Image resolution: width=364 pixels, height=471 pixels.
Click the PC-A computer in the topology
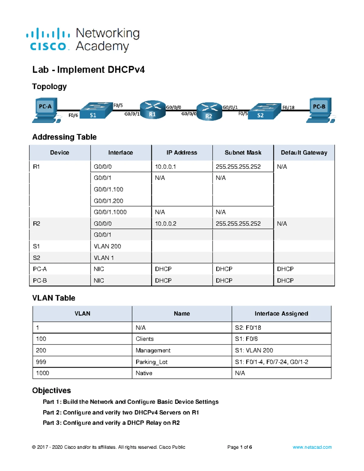[45, 110]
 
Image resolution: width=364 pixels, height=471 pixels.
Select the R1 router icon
[153, 110]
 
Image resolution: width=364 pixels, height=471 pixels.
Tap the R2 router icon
[209, 112]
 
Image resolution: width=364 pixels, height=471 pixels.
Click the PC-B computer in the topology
[320, 110]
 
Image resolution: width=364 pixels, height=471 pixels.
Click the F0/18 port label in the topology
[288, 107]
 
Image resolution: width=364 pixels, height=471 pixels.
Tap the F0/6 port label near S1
[73, 115]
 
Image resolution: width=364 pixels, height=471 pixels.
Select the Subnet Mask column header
[243, 153]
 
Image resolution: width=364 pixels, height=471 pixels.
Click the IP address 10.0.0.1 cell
[165, 167]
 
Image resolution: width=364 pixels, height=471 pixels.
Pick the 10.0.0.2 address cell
[166, 224]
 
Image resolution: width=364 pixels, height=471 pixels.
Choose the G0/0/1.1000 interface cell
[110, 212]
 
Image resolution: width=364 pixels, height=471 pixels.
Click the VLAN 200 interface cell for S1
[107, 246]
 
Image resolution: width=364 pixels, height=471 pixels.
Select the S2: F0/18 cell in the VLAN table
[248, 328]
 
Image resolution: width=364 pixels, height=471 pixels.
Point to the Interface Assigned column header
[281, 314]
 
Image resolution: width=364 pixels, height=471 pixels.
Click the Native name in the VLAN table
[144, 373]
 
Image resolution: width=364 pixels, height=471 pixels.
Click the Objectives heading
[52, 390]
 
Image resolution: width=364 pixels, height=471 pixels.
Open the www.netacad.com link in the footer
[312, 447]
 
